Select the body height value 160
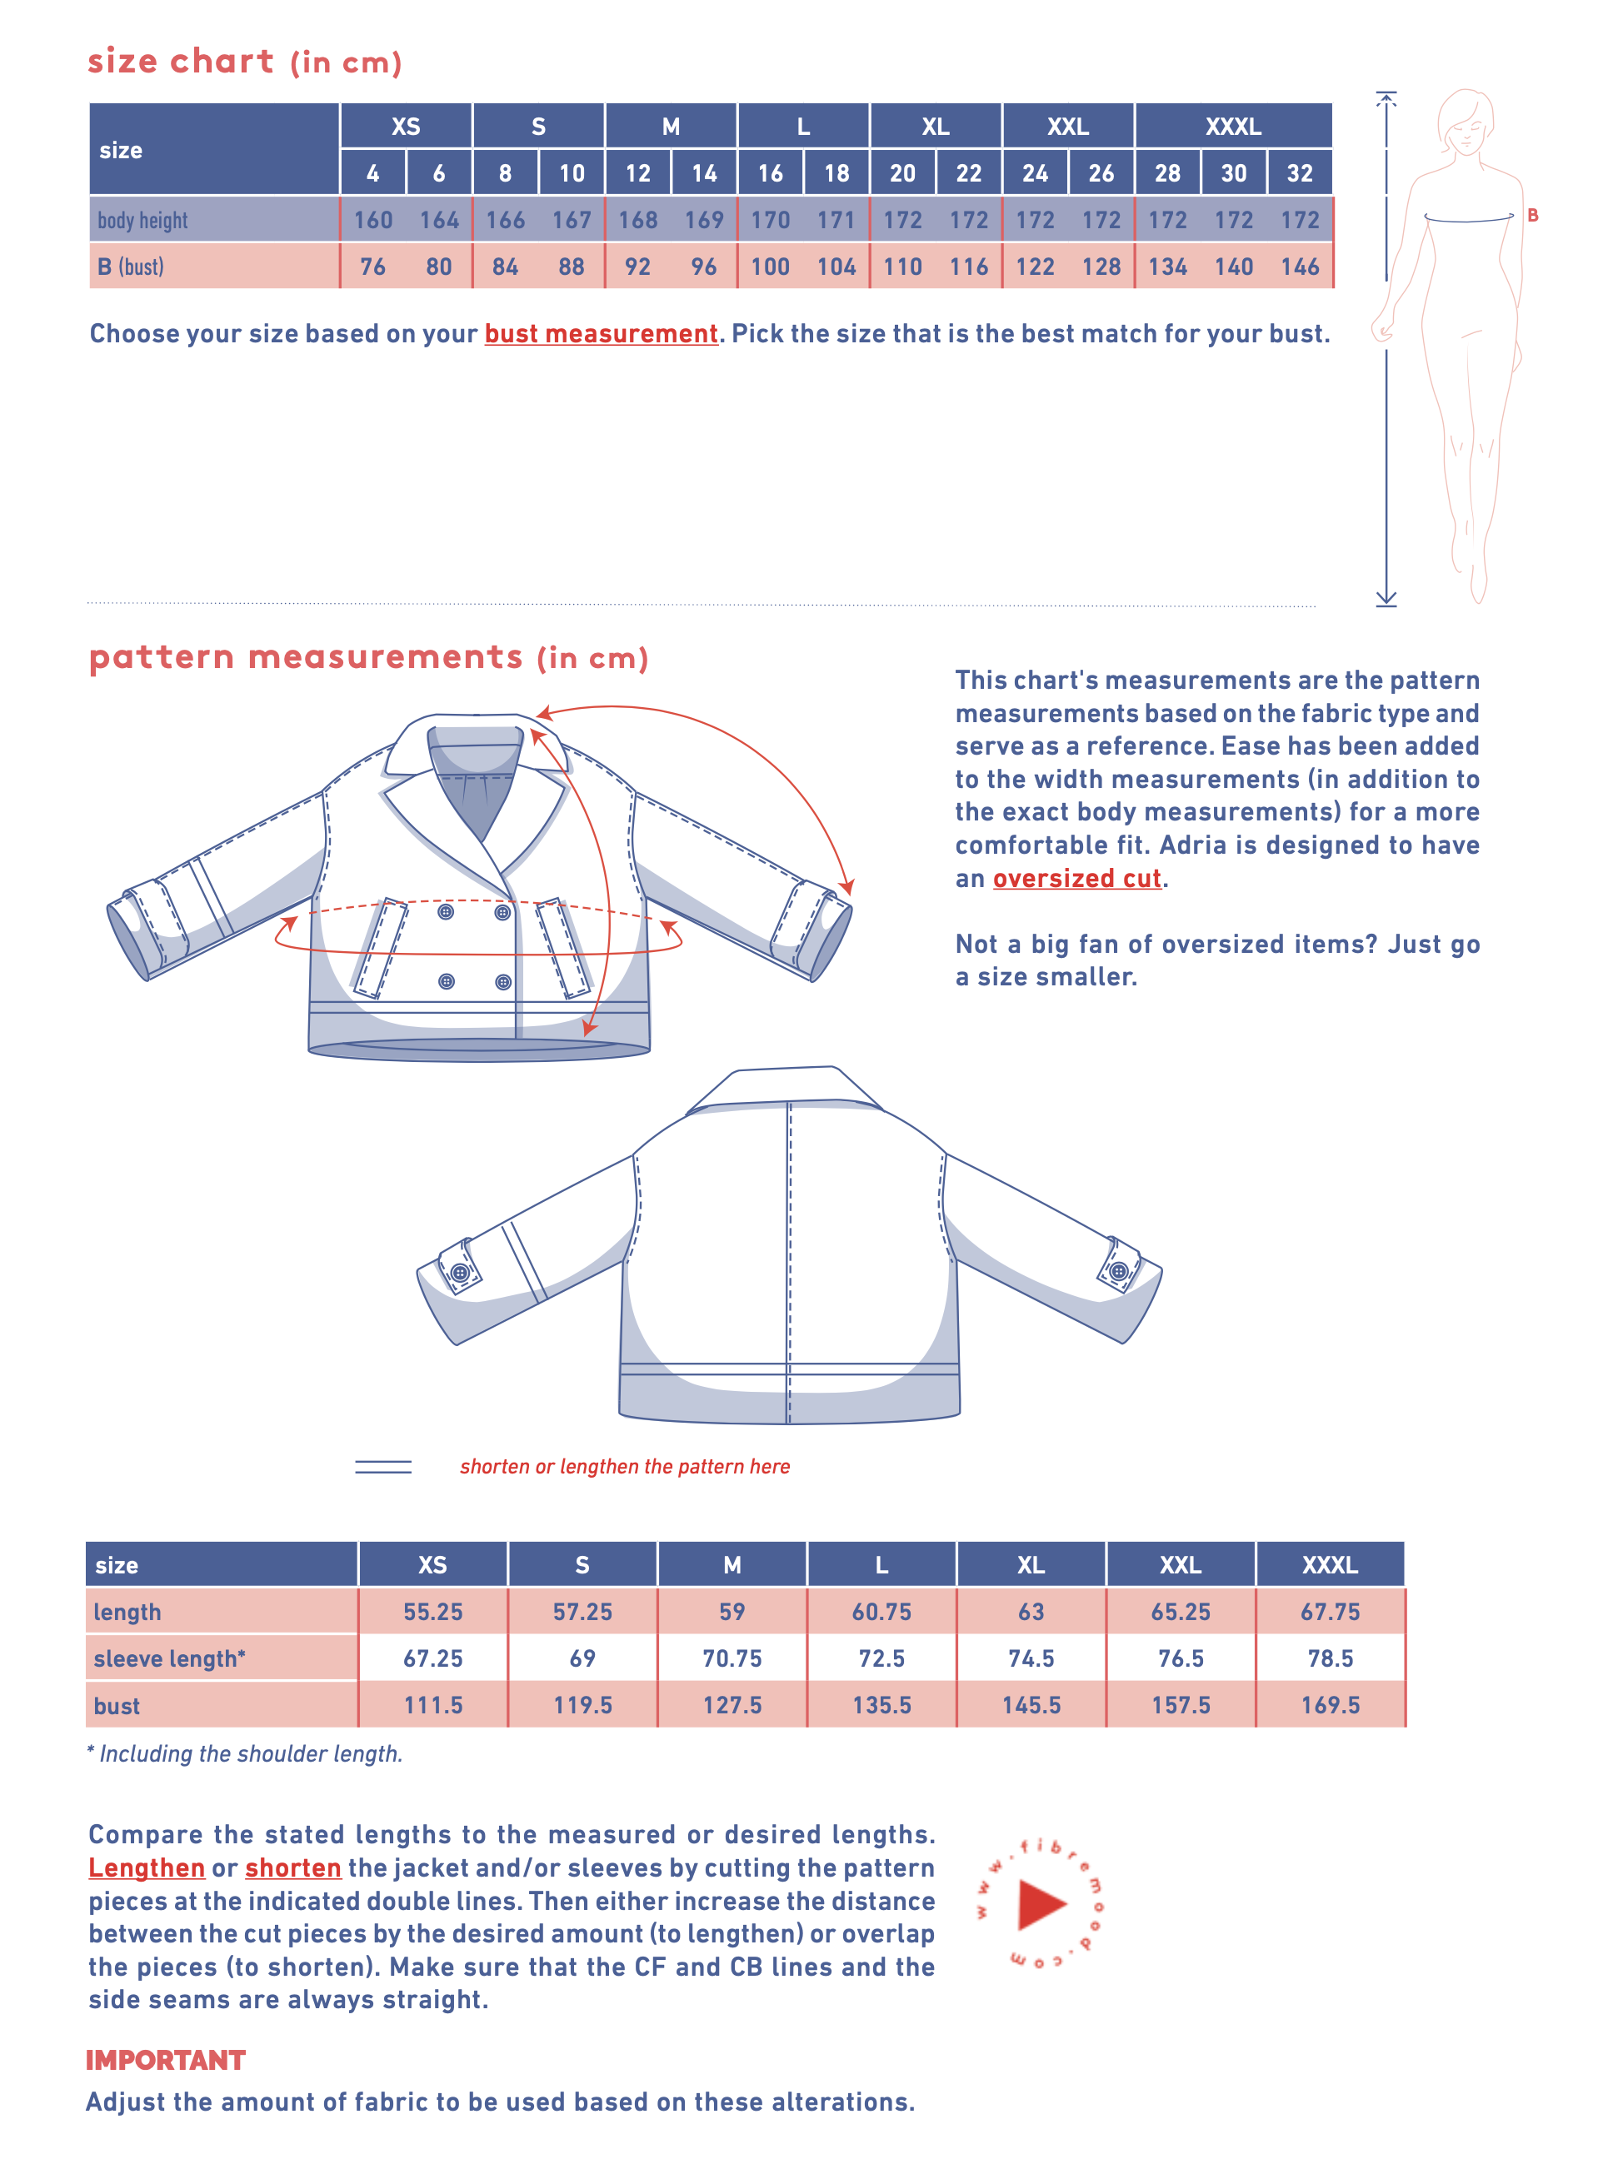click(373, 221)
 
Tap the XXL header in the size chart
click(1067, 127)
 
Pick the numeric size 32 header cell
click(1299, 174)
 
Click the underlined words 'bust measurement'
click(601, 334)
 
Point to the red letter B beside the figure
click(1532, 216)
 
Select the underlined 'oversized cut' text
click(1077, 879)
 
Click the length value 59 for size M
click(732, 1612)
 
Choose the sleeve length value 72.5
click(881, 1658)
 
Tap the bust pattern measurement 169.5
click(1330, 1705)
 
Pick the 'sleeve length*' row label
click(169, 1658)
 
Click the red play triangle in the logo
click(1040, 1904)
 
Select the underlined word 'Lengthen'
click(147, 1868)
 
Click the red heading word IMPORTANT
click(165, 2060)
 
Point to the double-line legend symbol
click(382, 1466)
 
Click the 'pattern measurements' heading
click(306, 657)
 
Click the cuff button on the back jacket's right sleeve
click(1119, 1271)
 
